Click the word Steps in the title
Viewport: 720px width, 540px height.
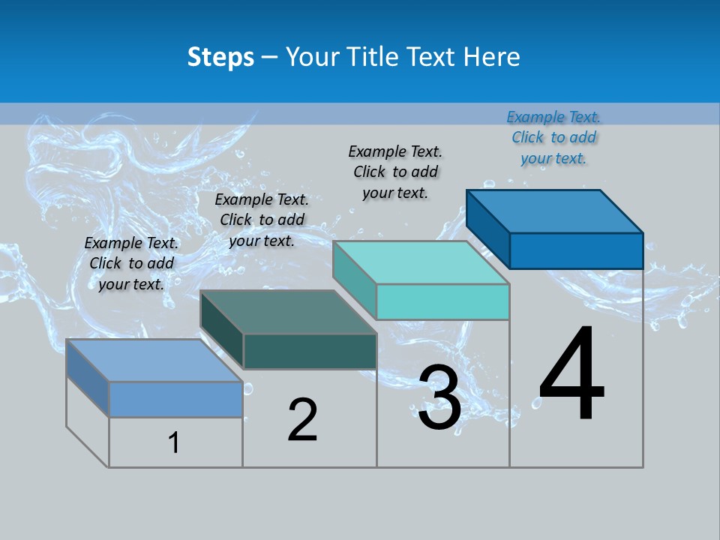(220, 57)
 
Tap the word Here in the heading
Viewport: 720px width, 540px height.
(490, 57)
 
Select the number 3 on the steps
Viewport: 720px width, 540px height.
(439, 397)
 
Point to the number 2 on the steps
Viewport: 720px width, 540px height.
(303, 420)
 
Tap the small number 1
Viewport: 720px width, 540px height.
(174, 443)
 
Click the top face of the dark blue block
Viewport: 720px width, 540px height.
(555, 211)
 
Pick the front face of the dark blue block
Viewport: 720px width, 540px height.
(576, 250)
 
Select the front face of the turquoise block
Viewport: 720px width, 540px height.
(442, 301)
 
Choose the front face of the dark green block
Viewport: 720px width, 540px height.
(310, 351)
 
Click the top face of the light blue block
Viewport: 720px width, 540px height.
(154, 360)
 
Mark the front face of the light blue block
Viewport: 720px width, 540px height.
(175, 399)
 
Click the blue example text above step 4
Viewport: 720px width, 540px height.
(553, 138)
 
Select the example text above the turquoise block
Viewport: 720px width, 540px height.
(395, 172)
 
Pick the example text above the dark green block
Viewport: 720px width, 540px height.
(262, 220)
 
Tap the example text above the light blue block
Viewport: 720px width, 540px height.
(131, 264)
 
